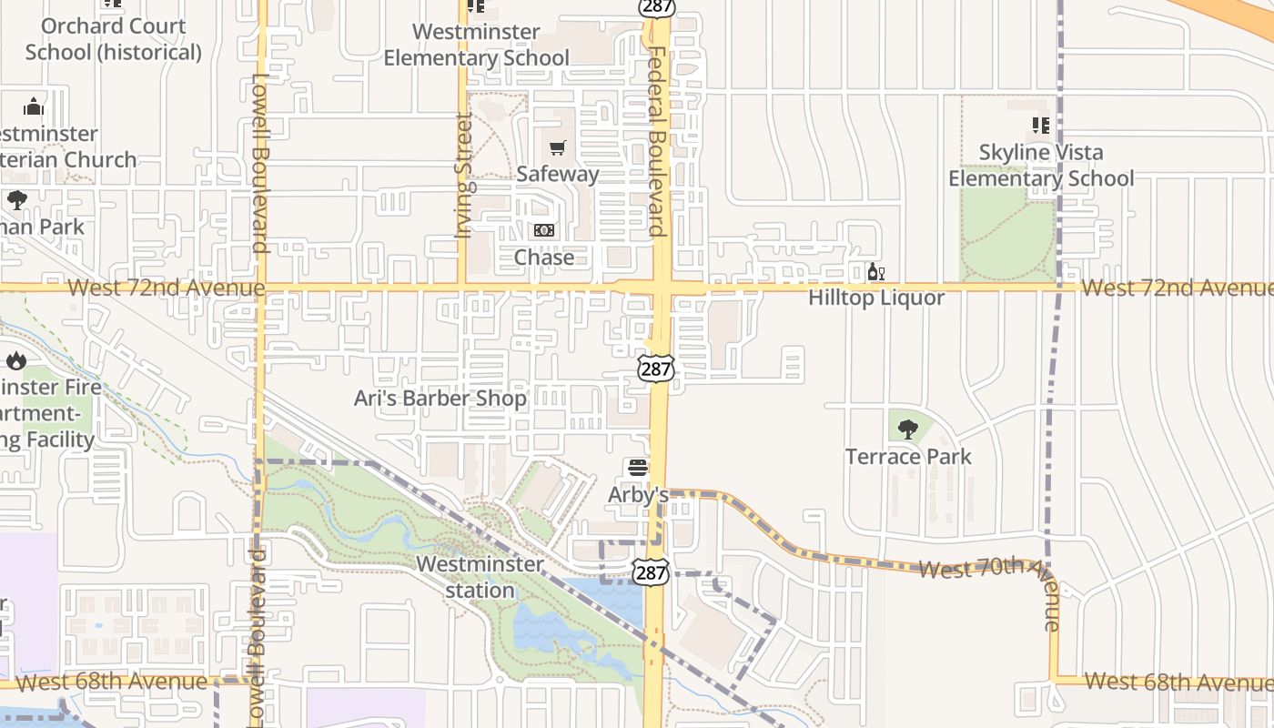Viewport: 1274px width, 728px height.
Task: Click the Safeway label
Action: (557, 174)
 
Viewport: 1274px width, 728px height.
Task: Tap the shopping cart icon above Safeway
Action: (557, 147)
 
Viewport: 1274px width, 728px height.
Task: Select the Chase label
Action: (544, 258)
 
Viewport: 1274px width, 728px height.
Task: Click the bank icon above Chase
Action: (544, 231)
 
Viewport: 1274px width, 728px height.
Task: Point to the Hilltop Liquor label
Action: (876, 298)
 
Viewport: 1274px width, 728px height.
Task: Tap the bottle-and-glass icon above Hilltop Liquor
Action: (876, 272)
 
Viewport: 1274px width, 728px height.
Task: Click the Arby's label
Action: (638, 495)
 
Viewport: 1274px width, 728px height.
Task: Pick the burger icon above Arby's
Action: (638, 469)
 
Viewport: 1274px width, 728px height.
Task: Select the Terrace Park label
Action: (908, 456)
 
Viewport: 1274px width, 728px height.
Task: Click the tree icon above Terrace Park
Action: (908, 430)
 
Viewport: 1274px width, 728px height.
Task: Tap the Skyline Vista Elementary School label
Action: (1041, 165)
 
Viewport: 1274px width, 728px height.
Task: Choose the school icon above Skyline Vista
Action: (1041, 126)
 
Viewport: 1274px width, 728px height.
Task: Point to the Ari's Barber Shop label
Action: (440, 399)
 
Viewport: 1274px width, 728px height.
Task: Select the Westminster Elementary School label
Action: (476, 45)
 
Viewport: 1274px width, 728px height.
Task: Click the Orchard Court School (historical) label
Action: (114, 39)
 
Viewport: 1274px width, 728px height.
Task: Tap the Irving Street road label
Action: (464, 176)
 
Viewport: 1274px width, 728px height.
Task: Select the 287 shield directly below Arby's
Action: (652, 571)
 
